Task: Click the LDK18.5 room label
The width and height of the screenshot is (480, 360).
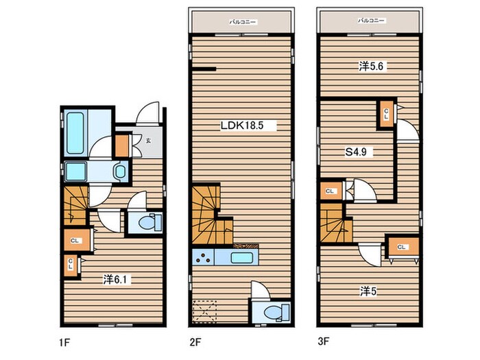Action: [242, 125]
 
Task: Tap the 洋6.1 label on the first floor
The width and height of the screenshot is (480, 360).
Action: [117, 279]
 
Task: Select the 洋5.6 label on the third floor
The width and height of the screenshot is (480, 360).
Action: [371, 66]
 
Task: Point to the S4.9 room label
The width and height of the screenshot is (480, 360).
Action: [356, 152]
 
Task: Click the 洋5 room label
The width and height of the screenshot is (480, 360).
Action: [368, 291]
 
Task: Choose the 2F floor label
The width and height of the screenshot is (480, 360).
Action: [195, 342]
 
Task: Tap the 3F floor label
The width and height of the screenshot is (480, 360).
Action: [323, 341]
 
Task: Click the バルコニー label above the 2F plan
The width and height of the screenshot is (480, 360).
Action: [243, 22]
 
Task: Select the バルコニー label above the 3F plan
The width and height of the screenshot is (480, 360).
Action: [371, 21]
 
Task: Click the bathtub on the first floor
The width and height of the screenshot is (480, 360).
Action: [75, 133]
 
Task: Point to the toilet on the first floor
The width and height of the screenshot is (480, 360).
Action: [149, 222]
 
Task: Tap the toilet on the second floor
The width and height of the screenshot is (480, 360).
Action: [277, 312]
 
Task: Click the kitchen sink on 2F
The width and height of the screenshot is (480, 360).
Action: [242, 257]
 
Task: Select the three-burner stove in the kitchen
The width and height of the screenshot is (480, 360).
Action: [203, 256]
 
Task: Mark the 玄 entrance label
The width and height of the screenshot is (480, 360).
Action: [148, 141]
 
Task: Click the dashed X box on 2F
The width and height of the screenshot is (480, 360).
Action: [204, 311]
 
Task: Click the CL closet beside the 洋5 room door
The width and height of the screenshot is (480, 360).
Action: [403, 247]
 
